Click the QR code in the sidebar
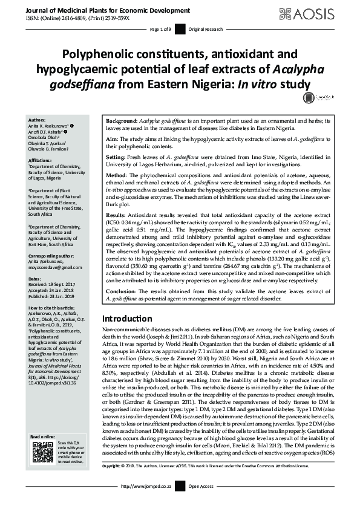click(42, 453)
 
